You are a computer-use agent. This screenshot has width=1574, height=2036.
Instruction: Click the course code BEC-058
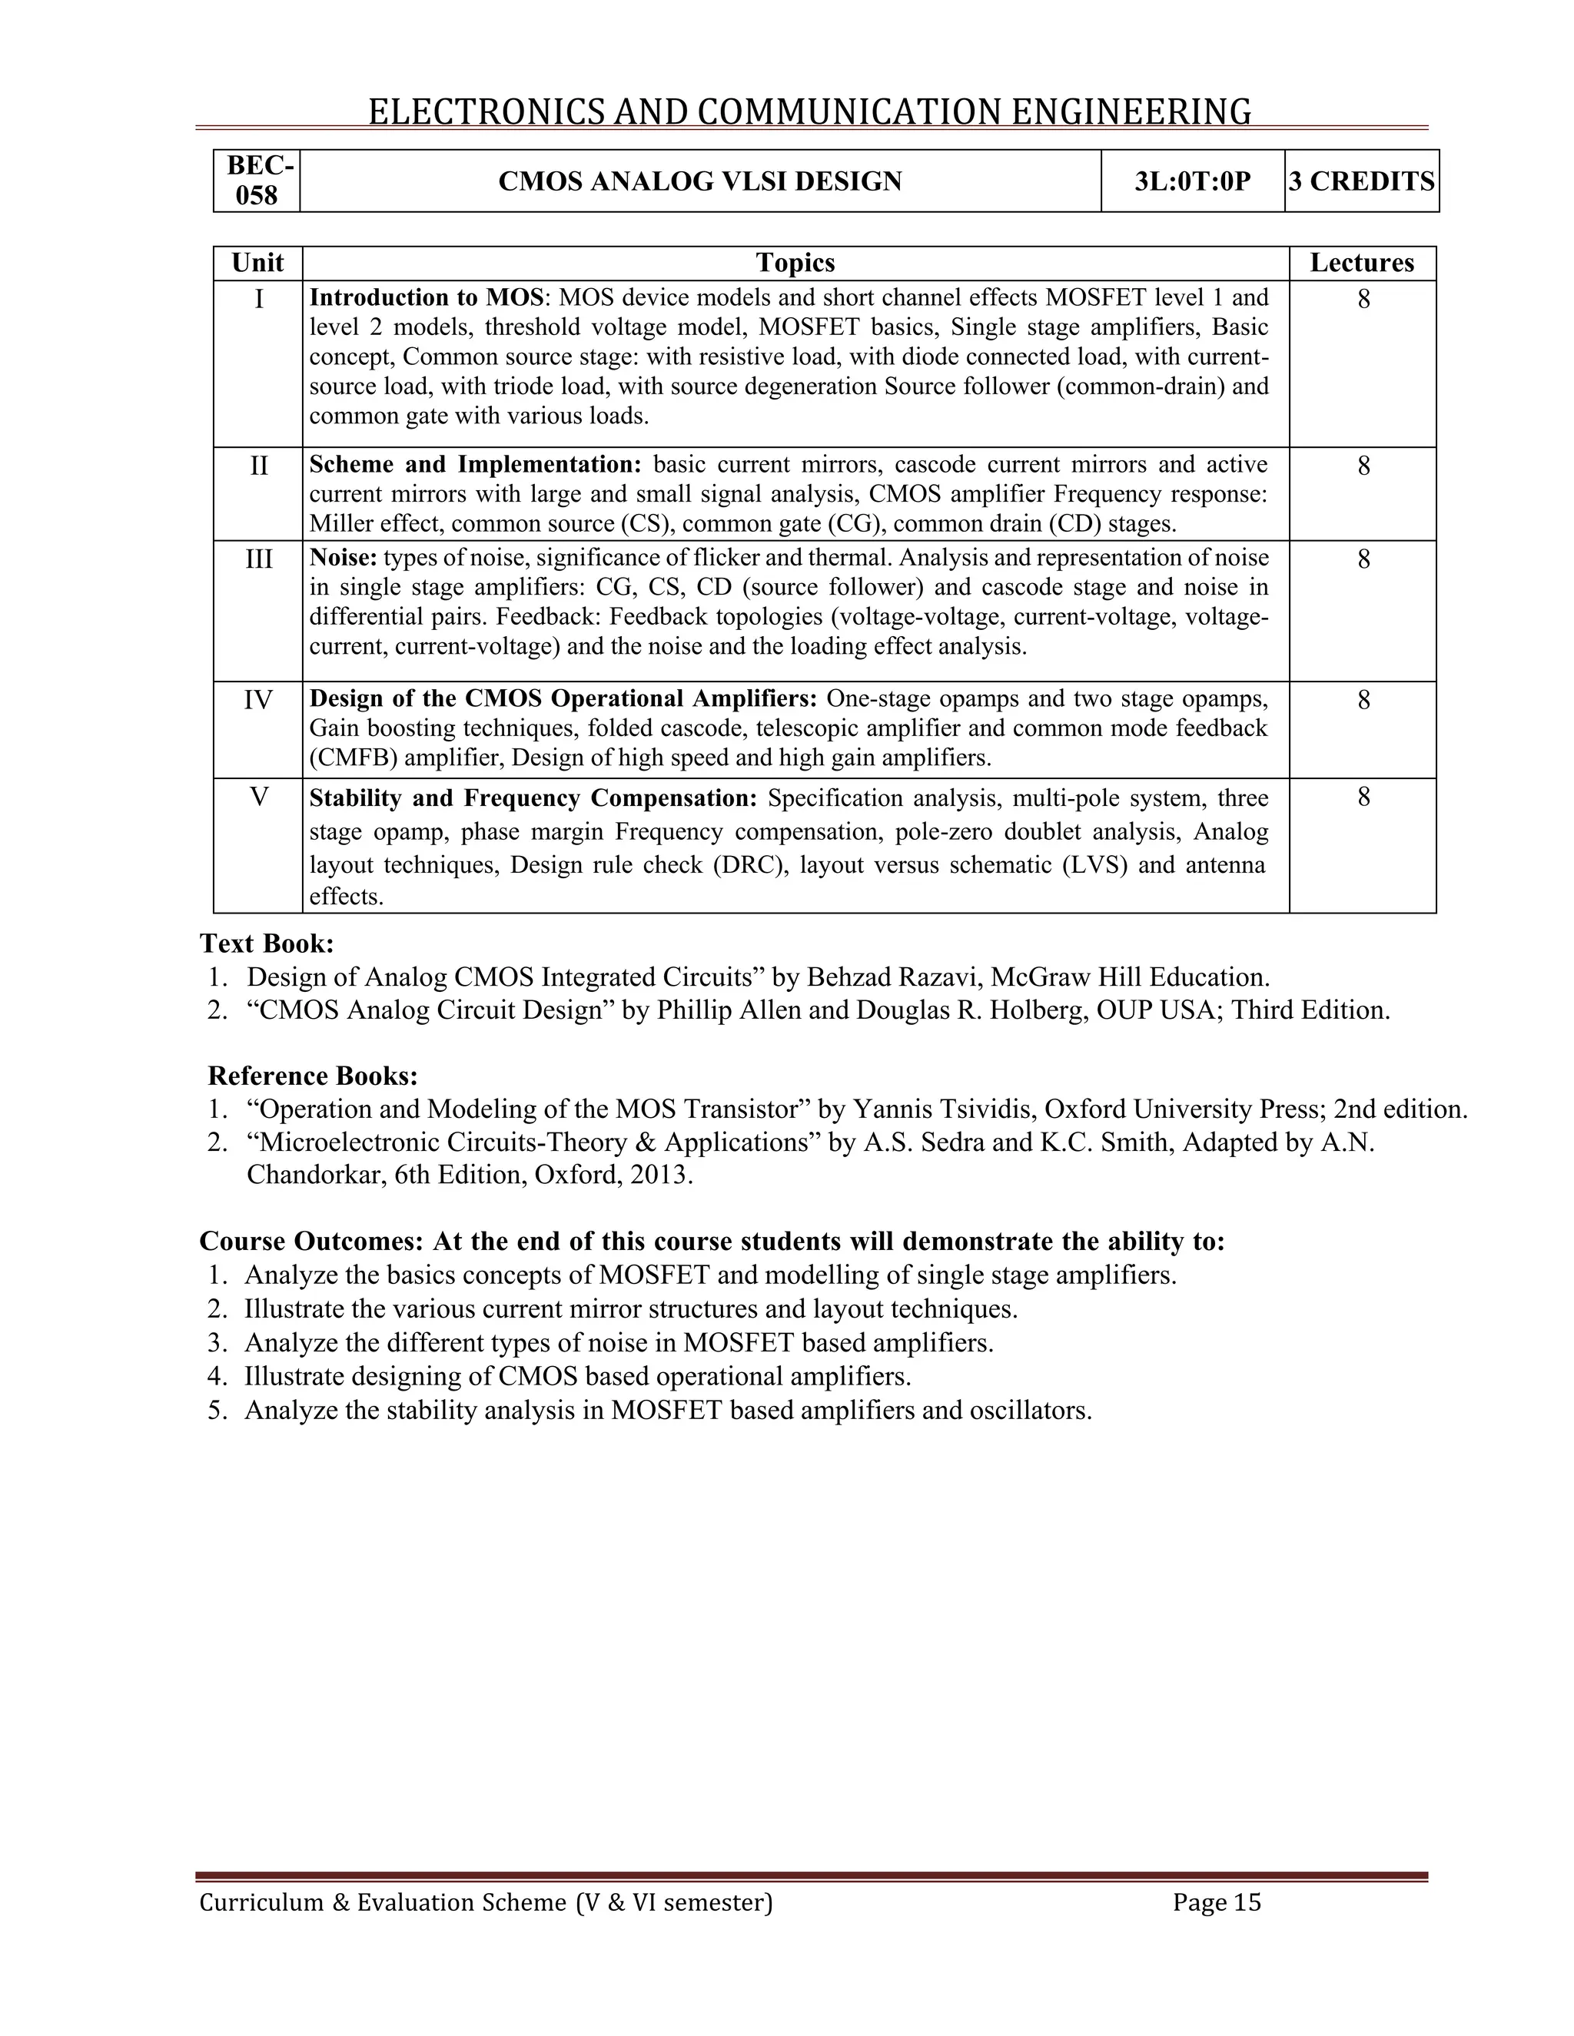[257, 181]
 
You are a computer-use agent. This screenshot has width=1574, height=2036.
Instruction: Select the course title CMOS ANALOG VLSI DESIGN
[700, 181]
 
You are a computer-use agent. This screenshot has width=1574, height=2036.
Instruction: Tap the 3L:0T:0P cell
[1193, 181]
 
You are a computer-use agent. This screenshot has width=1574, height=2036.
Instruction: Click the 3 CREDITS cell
[1361, 181]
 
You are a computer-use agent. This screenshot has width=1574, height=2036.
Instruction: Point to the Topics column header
[795, 263]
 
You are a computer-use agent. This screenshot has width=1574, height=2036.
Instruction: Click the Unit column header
[257, 263]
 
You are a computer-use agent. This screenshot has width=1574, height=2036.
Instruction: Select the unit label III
[258, 559]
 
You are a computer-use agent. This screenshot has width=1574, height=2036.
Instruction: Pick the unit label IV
[258, 699]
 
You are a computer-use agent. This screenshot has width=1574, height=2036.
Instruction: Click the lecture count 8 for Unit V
[1363, 798]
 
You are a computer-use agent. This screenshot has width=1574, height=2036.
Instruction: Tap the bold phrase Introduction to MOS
[426, 297]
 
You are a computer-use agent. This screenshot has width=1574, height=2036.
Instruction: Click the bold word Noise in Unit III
[342, 558]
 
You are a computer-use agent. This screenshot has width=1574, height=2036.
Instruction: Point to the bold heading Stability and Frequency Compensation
[533, 798]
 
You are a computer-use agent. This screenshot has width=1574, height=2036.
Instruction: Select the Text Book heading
[267, 943]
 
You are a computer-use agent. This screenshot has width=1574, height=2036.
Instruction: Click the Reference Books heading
[312, 1076]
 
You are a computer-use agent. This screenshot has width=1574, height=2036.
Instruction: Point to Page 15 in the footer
[1216, 1902]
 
